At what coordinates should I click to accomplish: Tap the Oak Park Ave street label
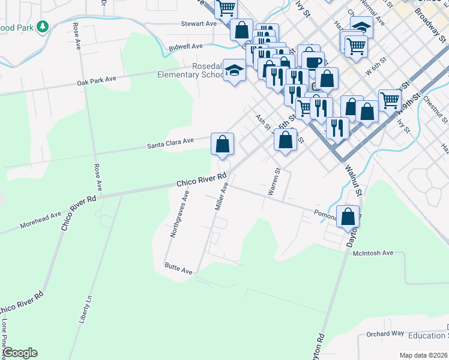(96, 80)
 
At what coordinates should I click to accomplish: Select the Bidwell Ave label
(186, 46)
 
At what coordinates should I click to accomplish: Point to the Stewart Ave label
(199, 24)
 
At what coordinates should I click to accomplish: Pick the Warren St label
(274, 182)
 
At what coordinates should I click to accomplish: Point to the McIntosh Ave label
(373, 253)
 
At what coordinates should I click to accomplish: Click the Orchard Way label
(385, 334)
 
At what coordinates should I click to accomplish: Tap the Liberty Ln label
(86, 308)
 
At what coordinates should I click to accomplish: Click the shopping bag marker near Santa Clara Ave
(222, 144)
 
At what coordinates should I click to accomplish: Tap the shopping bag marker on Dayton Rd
(348, 217)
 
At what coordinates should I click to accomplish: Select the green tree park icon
(43, 26)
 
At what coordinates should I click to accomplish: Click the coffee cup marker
(312, 61)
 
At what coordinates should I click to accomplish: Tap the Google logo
(20, 353)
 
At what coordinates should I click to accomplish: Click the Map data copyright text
(423, 355)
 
